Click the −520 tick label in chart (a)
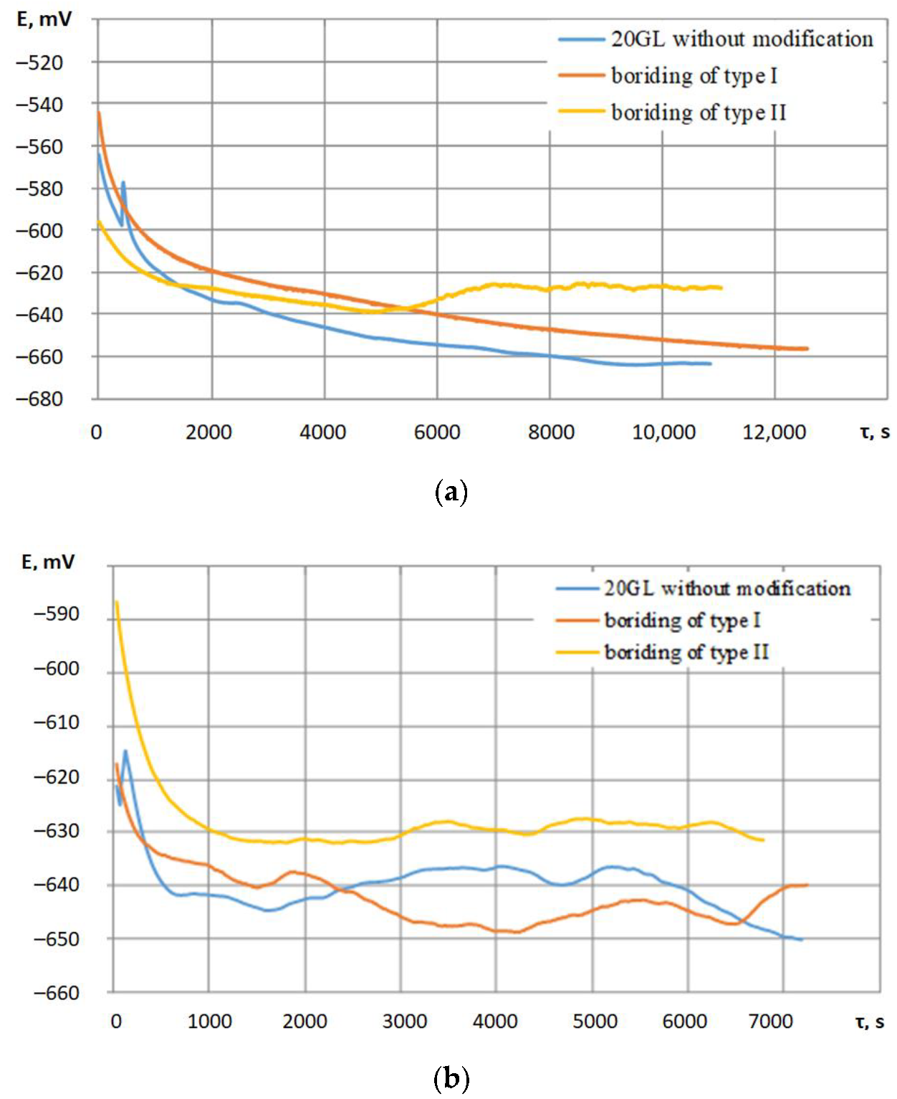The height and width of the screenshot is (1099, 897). tap(39, 63)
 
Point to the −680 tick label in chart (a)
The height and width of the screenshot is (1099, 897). tap(39, 399)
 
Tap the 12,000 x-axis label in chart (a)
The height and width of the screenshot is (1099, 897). tap(774, 432)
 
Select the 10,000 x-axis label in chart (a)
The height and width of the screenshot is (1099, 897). tap(663, 432)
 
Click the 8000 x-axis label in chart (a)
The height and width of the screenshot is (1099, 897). tap(551, 432)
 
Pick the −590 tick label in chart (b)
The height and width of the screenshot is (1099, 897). tap(57, 614)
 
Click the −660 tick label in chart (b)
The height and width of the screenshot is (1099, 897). tap(57, 993)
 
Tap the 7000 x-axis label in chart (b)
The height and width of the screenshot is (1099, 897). tap(770, 1021)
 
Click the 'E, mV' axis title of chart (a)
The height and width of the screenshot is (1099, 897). tap(44, 19)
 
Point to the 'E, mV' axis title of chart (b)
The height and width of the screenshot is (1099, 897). tap(48, 562)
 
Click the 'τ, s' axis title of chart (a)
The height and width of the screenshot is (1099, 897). tap(874, 432)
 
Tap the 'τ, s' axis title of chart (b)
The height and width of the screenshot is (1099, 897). tap(870, 1021)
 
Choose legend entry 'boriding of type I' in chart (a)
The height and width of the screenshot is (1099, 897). tap(694, 75)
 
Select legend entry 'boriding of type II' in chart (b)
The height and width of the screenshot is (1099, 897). tap(686, 652)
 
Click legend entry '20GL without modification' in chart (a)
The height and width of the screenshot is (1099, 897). tap(742, 39)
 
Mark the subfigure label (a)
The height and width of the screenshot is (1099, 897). tap(451, 492)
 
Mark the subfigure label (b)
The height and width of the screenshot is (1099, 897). tap(451, 1077)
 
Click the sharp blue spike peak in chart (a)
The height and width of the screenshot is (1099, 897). tap(124, 183)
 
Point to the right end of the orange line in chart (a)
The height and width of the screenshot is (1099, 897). tap(807, 348)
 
